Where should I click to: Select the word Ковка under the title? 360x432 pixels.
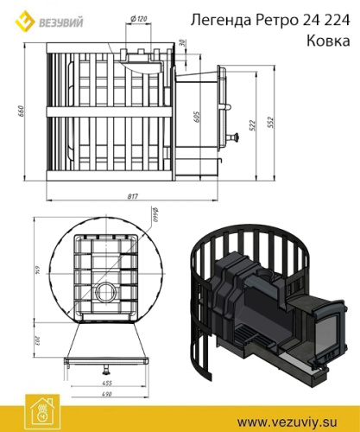[x=325, y=40]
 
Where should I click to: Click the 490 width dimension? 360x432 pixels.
[x=108, y=394]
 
